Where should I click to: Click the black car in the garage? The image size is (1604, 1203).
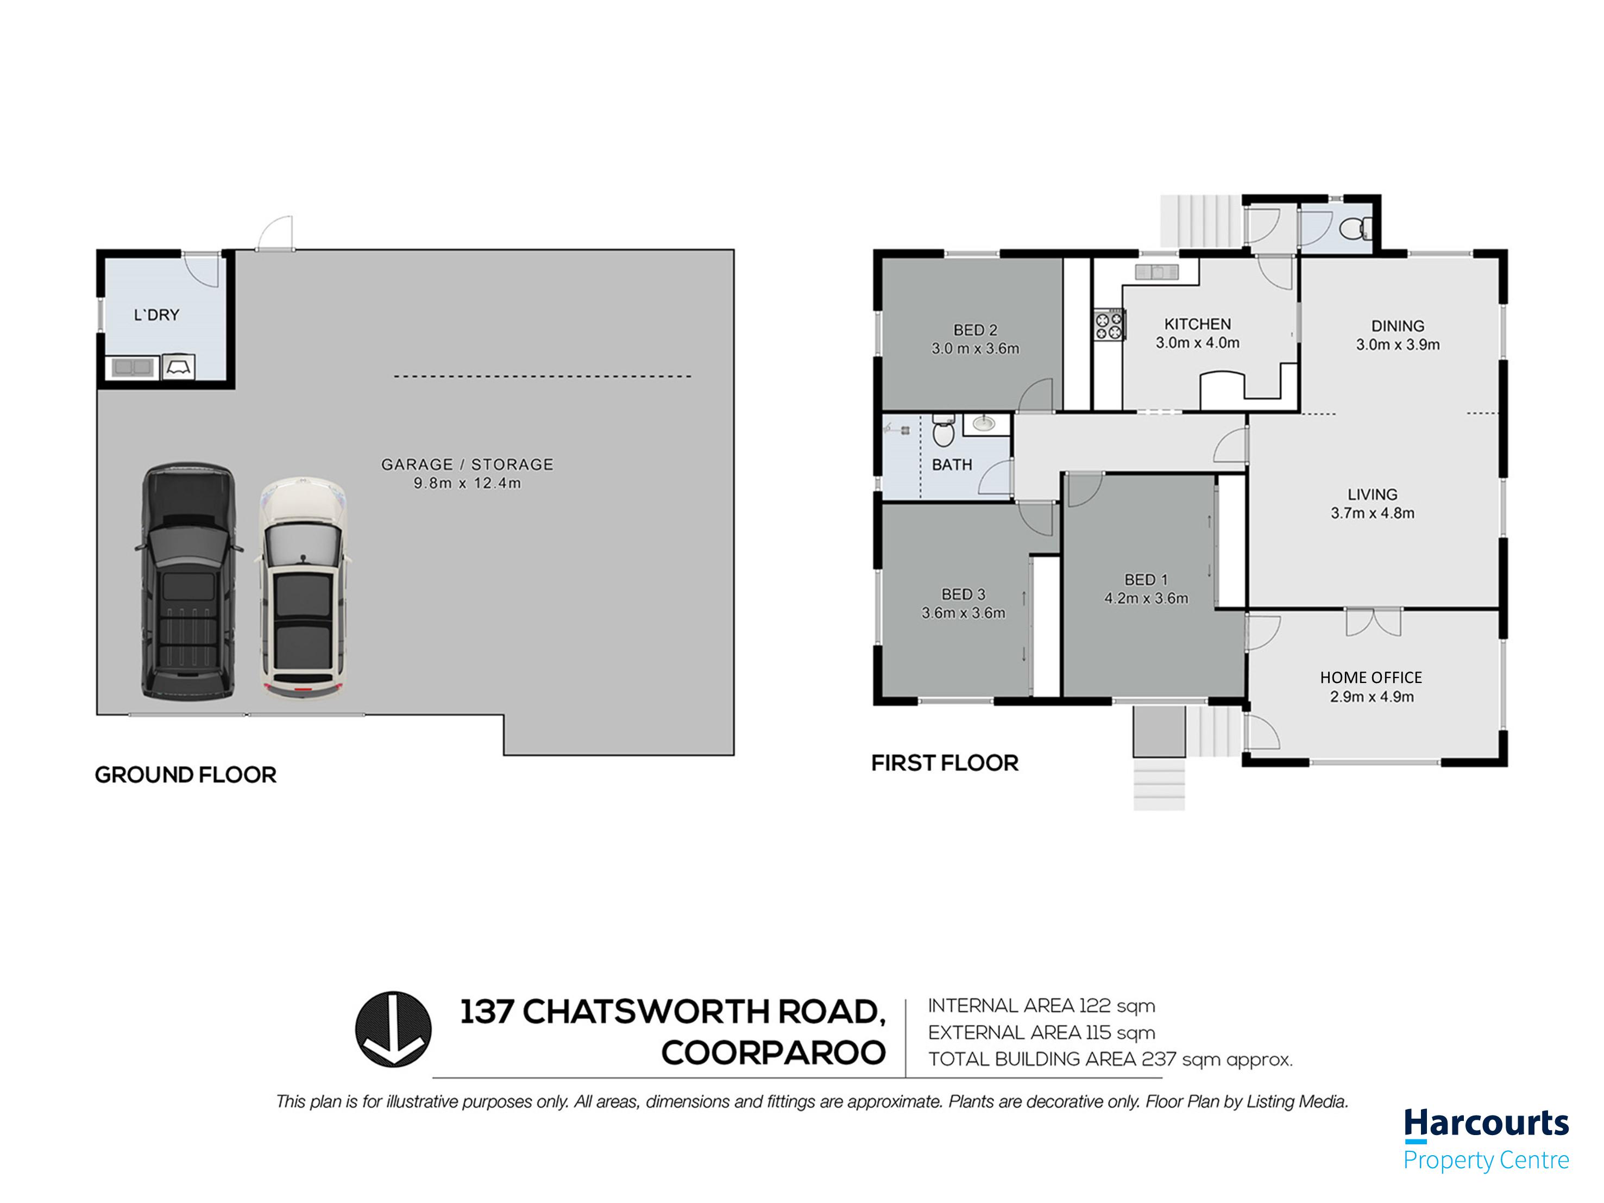(x=188, y=581)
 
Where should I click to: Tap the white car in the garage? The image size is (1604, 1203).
(x=303, y=587)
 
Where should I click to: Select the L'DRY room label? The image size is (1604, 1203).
(x=156, y=315)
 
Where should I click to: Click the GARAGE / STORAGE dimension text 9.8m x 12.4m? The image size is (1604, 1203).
(x=467, y=483)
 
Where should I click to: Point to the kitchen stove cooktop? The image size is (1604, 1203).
(x=1110, y=324)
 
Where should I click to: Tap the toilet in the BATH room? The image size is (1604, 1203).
(x=942, y=431)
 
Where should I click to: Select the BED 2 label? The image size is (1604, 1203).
(x=976, y=330)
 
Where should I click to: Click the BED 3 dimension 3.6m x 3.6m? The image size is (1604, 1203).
(x=963, y=613)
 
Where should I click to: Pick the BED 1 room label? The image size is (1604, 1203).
(x=1146, y=580)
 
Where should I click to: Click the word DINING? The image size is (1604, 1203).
(x=1398, y=326)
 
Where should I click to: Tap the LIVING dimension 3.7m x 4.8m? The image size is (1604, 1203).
(x=1372, y=513)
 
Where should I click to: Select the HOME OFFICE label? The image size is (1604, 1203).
(x=1370, y=678)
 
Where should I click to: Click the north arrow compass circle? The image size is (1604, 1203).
(x=393, y=1029)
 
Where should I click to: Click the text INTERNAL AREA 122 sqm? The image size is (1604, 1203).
(x=1041, y=1006)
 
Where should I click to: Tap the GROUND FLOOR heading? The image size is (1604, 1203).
(x=186, y=775)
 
